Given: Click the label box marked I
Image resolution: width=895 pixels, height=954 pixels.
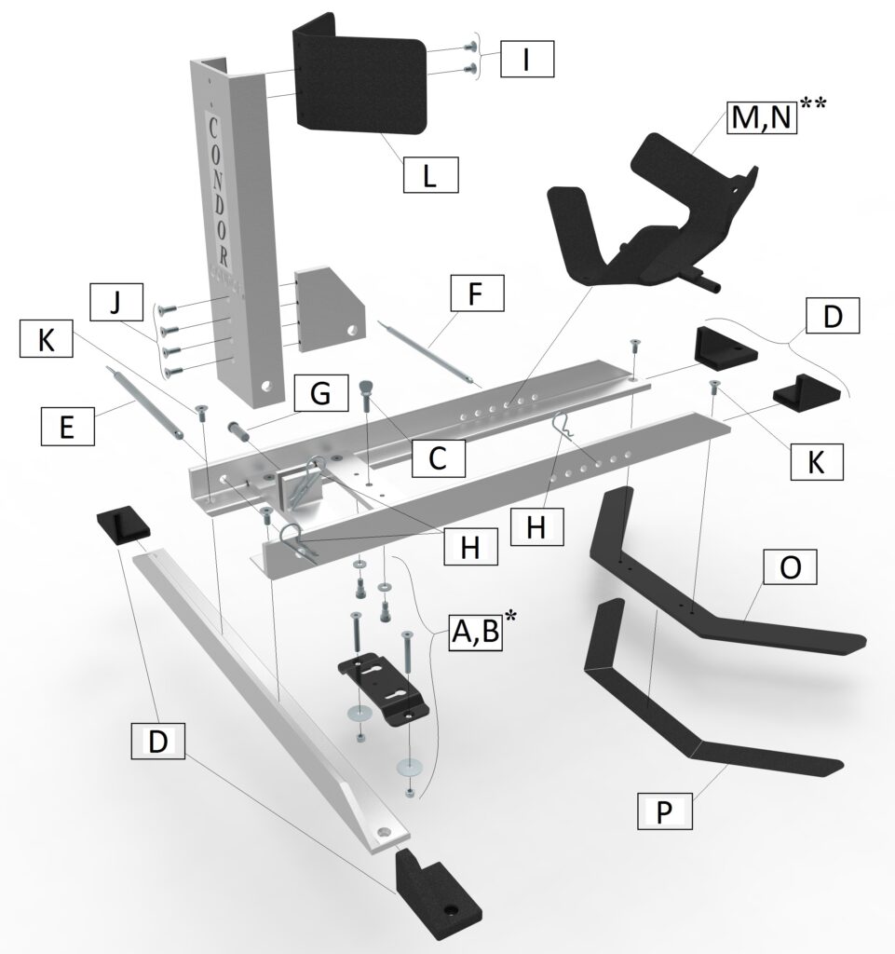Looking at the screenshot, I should coord(527,60).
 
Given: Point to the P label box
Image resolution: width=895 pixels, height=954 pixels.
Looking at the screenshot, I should coord(664,811).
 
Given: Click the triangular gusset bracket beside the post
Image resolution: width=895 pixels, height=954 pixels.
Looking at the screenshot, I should coord(325,308).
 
